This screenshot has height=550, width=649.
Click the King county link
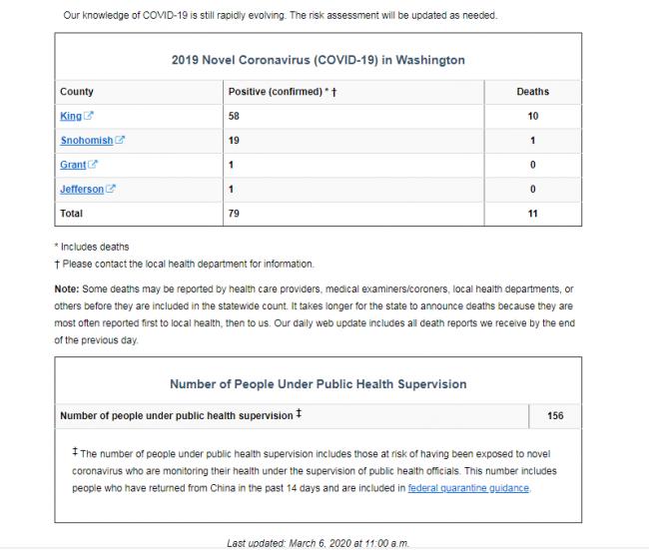70,117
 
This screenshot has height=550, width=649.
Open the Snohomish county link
86,141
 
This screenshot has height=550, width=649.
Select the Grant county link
73,165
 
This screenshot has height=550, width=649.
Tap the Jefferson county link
82,189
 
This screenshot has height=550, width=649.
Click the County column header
77,92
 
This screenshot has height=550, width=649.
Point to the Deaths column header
532,92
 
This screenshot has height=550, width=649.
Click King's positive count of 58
236,117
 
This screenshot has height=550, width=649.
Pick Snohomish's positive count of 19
236,141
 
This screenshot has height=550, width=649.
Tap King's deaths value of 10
533,117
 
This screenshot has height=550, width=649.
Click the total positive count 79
236,213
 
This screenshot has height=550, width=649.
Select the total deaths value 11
533,213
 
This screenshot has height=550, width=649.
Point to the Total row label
73,213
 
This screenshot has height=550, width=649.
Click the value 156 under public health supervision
555,415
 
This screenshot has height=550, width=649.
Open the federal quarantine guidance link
469,488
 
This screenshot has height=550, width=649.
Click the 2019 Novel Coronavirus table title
319,60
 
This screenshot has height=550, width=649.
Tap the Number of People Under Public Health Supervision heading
318,383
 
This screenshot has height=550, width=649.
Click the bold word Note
66,288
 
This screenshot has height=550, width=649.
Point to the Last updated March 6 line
318,543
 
